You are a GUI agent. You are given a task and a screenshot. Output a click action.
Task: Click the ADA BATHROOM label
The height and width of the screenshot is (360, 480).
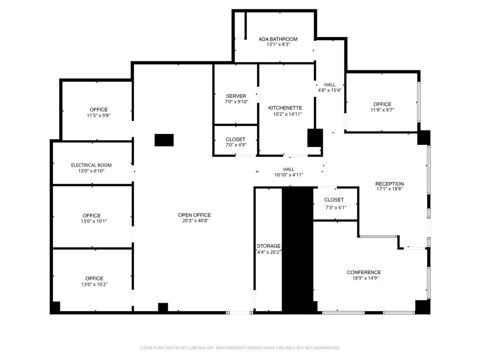pyautogui.click(x=278, y=39)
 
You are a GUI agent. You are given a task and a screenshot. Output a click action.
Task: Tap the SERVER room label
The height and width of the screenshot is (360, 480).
pyautogui.click(x=236, y=96)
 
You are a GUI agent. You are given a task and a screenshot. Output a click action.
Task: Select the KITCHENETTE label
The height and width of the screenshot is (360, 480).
pyautogui.click(x=285, y=108)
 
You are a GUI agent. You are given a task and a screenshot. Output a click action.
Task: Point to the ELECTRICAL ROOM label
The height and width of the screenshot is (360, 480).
pyautogui.click(x=91, y=165)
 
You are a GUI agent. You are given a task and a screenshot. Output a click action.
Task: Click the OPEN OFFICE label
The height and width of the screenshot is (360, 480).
pyautogui.click(x=195, y=215)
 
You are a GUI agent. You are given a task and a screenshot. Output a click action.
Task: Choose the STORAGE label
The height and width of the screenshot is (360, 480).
pyautogui.click(x=269, y=246)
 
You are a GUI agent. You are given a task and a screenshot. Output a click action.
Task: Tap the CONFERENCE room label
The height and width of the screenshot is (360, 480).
pyautogui.click(x=364, y=272)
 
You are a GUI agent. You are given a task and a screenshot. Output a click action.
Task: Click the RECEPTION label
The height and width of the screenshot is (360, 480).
pyautogui.click(x=390, y=184)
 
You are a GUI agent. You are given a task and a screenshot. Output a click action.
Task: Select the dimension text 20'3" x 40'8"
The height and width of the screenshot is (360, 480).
pyautogui.click(x=195, y=221)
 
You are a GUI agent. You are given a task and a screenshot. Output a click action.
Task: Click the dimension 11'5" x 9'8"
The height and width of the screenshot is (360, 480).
pyautogui.click(x=98, y=115)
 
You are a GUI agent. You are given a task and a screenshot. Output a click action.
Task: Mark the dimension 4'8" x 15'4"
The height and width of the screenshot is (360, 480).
pyautogui.click(x=330, y=90)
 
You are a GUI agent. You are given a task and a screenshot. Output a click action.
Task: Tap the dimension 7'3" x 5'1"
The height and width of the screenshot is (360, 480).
pyautogui.click(x=336, y=207)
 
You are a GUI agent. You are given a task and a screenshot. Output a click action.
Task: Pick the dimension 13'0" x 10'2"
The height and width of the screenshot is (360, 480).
pyautogui.click(x=94, y=284)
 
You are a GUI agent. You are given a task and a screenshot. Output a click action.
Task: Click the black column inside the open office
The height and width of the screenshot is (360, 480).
pyautogui.click(x=164, y=140)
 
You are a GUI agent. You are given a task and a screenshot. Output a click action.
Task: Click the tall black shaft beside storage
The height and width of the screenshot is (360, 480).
pyautogui.click(x=297, y=248)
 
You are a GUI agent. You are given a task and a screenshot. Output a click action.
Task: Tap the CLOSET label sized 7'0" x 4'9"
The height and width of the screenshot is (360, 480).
pyautogui.click(x=235, y=140)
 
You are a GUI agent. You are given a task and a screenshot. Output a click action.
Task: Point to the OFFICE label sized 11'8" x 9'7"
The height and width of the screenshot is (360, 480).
pyautogui.click(x=382, y=105)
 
